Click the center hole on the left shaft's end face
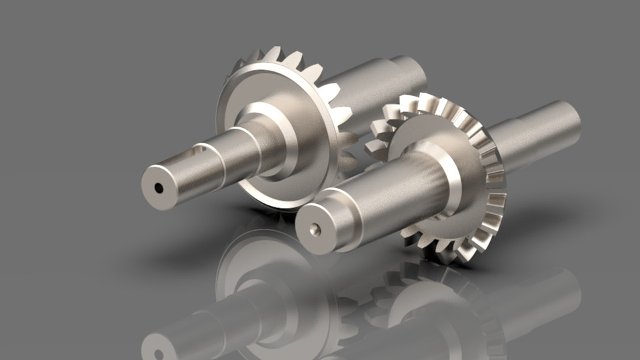point(159,189)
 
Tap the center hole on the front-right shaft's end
point(315,231)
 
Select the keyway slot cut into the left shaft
point(193,154)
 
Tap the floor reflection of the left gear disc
point(267,280)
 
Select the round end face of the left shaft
point(159,189)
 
